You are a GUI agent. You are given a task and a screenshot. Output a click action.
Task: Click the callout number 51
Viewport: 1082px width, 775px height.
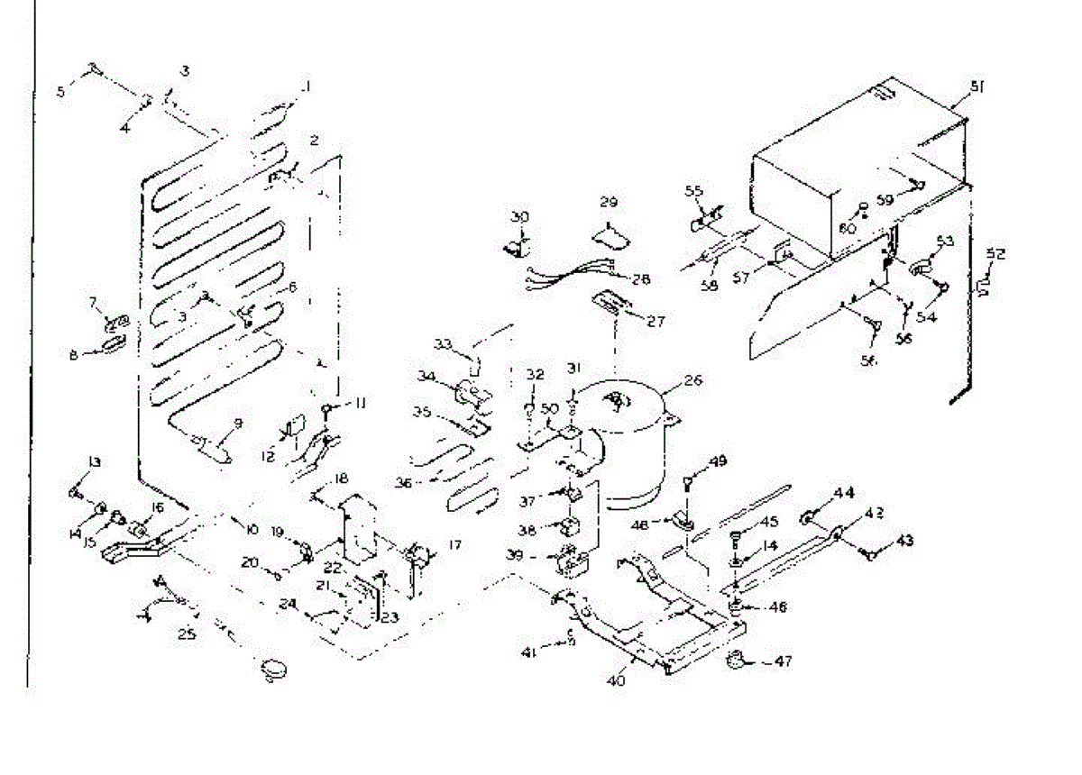point(977,87)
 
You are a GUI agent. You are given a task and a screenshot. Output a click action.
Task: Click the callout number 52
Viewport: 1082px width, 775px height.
point(995,254)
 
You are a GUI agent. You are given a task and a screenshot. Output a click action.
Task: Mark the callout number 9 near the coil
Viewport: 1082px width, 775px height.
point(238,422)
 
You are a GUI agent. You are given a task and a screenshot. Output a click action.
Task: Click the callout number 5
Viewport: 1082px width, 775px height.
point(61,90)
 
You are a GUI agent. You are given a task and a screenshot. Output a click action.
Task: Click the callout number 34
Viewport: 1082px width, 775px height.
point(426,375)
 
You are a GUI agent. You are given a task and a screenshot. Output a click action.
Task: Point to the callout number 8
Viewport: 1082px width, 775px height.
point(74,354)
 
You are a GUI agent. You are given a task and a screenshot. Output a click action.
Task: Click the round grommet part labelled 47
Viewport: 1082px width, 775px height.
point(737,662)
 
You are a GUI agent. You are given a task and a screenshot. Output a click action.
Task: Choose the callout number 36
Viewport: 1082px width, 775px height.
point(403,483)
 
